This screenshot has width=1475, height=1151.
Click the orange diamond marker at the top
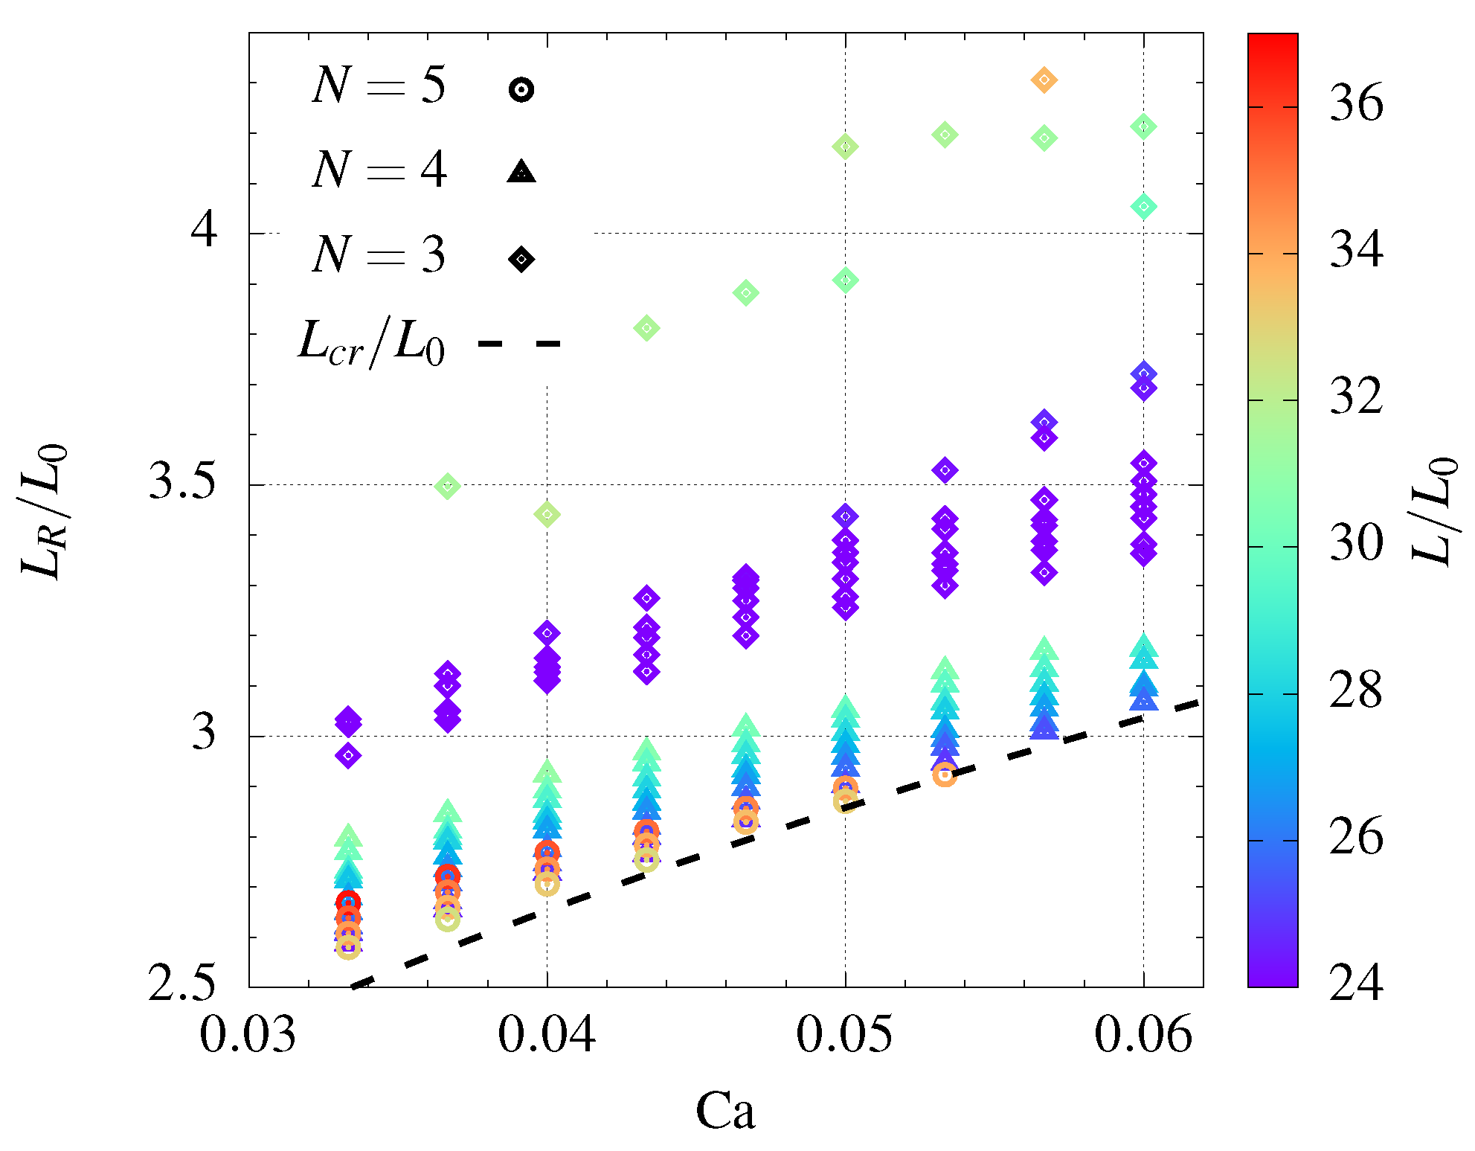pos(1044,80)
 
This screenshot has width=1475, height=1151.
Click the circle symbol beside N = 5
pos(521,90)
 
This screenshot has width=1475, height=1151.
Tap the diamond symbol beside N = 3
pos(521,259)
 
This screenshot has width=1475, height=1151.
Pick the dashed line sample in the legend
pos(519,343)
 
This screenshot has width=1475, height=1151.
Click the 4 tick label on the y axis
pos(204,229)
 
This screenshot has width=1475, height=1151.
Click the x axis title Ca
pos(725,1112)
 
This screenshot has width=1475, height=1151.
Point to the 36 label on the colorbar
pos(1355,103)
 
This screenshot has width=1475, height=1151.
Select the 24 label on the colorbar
pos(1355,984)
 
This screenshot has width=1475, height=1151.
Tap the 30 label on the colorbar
pos(1355,543)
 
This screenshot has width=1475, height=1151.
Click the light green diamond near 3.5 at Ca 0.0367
pos(447,487)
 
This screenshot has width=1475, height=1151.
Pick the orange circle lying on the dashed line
pos(944,775)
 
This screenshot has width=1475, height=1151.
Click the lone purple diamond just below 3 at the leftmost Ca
pos(348,756)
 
